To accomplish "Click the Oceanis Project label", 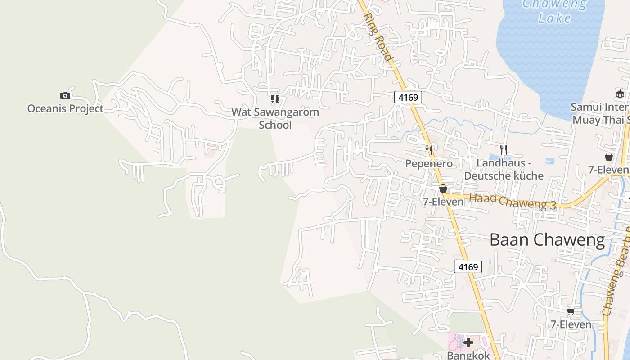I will coord(65,108).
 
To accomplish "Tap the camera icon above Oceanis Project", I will coord(65,95).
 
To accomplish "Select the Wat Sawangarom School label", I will coord(275,118).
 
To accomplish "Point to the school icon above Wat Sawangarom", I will coord(275,99).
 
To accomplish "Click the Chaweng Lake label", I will coord(555,11).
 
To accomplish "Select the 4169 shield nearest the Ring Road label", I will coord(408,97).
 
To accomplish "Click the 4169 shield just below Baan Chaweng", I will coord(468,267).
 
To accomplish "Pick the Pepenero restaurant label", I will coord(429,164).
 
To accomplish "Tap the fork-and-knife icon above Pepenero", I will coord(429,150).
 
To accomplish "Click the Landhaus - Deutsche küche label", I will coord(504,170).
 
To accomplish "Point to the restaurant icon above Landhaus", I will coord(504,149).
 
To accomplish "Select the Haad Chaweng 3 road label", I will coord(513,202).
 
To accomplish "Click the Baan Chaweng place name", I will coord(547,240).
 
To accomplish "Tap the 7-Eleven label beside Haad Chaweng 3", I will coord(443,202).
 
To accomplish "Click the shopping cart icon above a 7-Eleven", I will coord(571,311).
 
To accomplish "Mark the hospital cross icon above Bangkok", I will coord(468,343).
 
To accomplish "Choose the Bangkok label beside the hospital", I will coord(468,355).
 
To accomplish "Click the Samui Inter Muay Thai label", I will coord(600,113).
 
